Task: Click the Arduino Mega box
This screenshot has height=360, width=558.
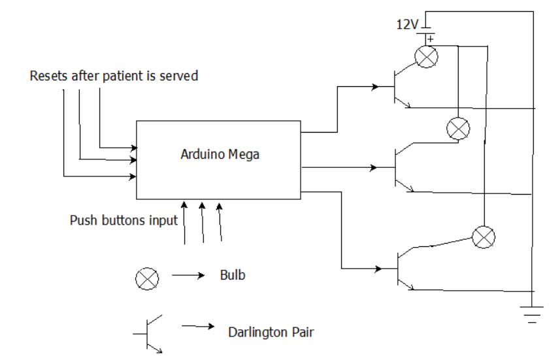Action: pyautogui.click(x=218, y=159)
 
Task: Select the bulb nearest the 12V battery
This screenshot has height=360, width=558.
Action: pyautogui.click(x=427, y=57)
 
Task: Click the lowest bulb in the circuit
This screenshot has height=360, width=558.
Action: pyautogui.click(x=484, y=236)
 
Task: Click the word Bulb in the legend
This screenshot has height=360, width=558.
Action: pyautogui.click(x=233, y=275)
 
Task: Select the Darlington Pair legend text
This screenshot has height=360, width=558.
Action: pyautogui.click(x=271, y=333)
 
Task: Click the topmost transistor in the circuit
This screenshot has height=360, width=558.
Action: pyautogui.click(x=400, y=87)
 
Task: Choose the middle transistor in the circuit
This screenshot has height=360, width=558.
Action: pyautogui.click(x=400, y=168)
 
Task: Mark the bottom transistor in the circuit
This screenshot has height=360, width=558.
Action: pyautogui.click(x=402, y=269)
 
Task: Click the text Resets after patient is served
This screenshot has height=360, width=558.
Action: pyautogui.click(x=114, y=76)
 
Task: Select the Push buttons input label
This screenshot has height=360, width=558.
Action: pyautogui.click(x=123, y=220)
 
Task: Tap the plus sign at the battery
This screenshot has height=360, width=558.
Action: pyautogui.click(x=431, y=39)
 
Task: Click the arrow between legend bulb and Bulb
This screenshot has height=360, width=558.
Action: pyautogui.click(x=188, y=276)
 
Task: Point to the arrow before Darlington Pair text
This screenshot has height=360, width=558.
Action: pyautogui.click(x=197, y=325)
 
